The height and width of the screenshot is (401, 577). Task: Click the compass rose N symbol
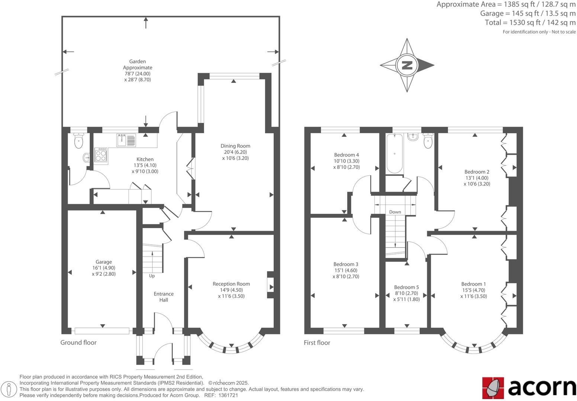pyautogui.click(x=407, y=65)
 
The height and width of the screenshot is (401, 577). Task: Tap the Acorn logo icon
pyautogui.click(x=493, y=387)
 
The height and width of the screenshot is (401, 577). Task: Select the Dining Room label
pyautogui.click(x=235, y=146)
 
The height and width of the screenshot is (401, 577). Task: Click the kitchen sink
pyautogui.click(x=126, y=140)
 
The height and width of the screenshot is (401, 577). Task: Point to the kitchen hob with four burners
pyautogui.click(x=101, y=155)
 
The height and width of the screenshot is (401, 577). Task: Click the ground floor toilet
pyautogui.click(x=78, y=141)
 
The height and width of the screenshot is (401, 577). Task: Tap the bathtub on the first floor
pyautogui.click(x=394, y=154)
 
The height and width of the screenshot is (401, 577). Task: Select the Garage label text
pyautogui.click(x=103, y=262)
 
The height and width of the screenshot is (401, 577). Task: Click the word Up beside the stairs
pyautogui.click(x=152, y=276)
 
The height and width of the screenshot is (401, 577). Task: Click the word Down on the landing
pyautogui.click(x=395, y=212)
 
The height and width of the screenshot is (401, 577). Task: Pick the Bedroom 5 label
pyautogui.click(x=406, y=287)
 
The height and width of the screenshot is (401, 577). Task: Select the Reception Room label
pyautogui.click(x=231, y=284)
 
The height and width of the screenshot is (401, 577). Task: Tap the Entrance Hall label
pyautogui.click(x=164, y=297)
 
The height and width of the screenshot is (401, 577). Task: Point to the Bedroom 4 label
pyautogui.click(x=346, y=155)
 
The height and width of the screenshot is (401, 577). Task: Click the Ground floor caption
pyautogui.click(x=78, y=342)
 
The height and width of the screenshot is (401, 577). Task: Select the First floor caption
pyautogui.click(x=317, y=343)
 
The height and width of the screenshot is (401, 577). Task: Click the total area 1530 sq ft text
pyautogui.click(x=530, y=22)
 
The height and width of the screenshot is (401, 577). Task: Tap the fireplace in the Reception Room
pyautogui.click(x=270, y=287)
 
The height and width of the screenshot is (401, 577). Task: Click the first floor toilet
pyautogui.click(x=428, y=141)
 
